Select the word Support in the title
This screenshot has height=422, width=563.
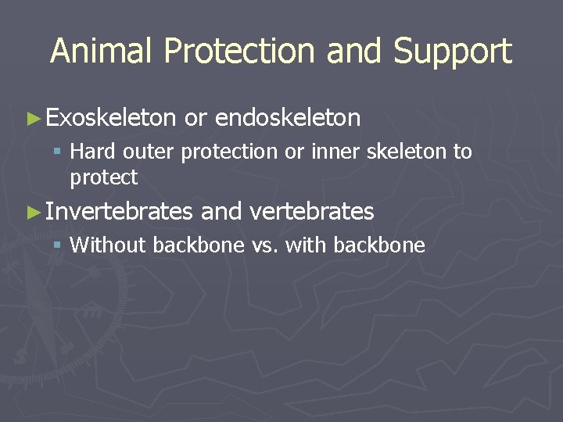pos(453,51)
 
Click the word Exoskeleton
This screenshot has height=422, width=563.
pos(111,118)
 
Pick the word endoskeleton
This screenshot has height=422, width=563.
pos(288,118)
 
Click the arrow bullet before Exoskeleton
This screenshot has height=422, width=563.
pos(32,119)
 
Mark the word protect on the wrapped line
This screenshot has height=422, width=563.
pos(103,178)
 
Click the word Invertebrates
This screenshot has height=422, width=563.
pos(119,212)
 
